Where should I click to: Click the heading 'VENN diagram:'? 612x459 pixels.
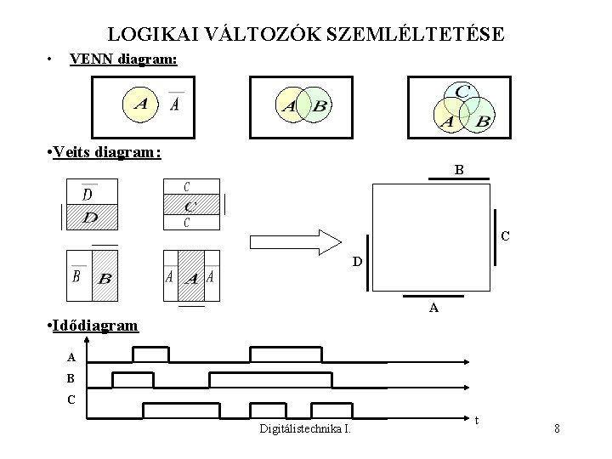pos(122,59)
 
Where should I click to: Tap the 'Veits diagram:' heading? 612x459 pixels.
pos(106,152)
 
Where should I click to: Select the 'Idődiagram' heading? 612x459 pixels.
pos(94,326)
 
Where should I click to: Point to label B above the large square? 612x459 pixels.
pos(459,170)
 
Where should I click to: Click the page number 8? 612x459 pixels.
pos(557,428)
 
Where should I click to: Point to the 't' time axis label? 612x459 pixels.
pos(476,420)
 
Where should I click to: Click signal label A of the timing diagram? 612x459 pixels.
pos(71,357)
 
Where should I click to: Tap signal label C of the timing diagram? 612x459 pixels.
pos(71,398)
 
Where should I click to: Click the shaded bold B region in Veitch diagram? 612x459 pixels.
pos(105,277)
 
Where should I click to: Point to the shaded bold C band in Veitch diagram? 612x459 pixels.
pos(191,206)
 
